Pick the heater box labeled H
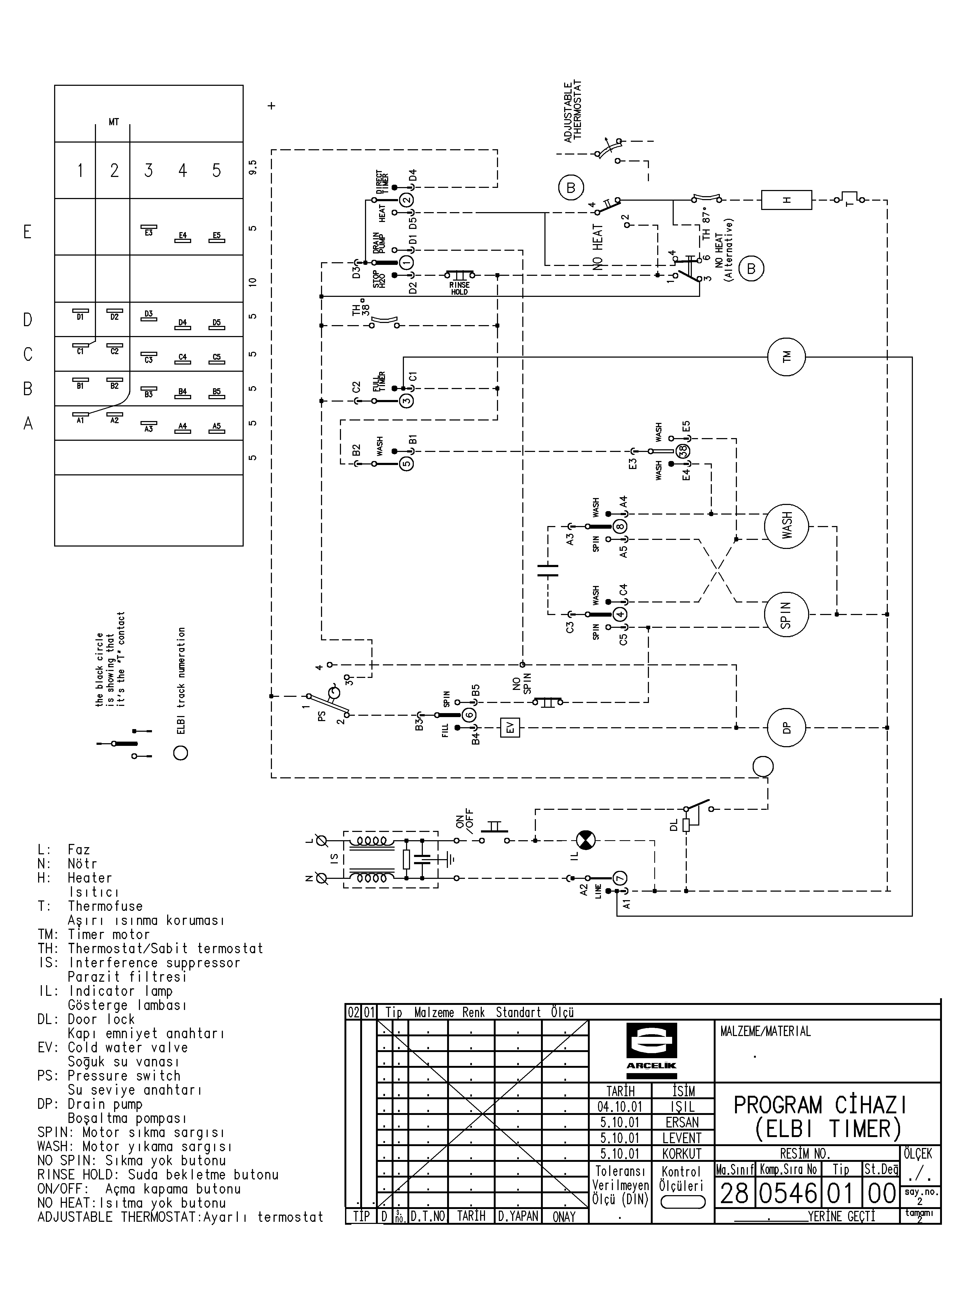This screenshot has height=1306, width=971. click(787, 200)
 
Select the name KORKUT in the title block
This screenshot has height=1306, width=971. click(682, 1153)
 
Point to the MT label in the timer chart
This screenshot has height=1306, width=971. click(113, 122)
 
